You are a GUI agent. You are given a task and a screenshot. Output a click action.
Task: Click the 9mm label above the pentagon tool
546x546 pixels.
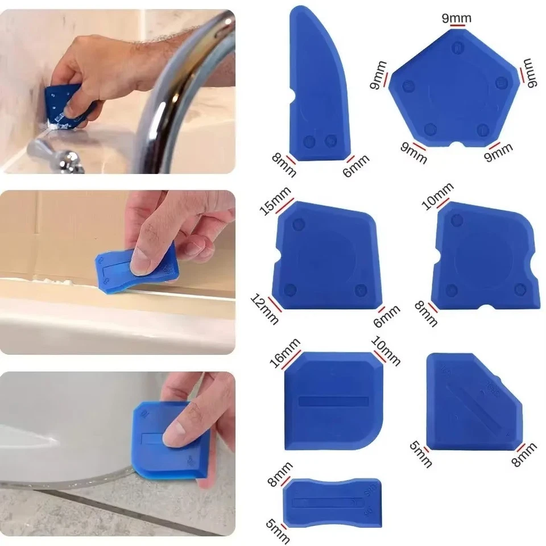coord(457,18)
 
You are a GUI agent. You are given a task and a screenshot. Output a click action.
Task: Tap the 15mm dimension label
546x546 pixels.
coord(276,201)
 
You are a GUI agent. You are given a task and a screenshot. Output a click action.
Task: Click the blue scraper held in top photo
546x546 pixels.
coord(64,102)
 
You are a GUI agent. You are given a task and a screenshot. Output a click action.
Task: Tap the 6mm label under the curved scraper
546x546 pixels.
coord(356,166)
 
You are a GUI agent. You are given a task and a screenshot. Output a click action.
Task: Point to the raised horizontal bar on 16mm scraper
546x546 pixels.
coord(333,400)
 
